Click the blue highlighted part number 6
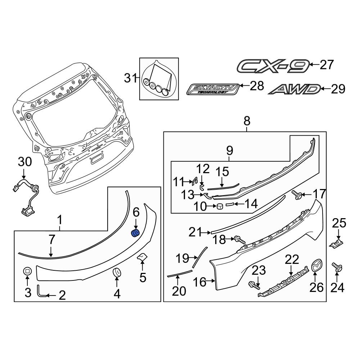pyautogui.click(x=135, y=233)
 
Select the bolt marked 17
pyautogui.click(x=297, y=195)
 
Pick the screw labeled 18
pyautogui.click(x=239, y=239)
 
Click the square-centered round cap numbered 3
pyautogui.click(x=28, y=272)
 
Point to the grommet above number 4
pyautogui.click(x=117, y=273)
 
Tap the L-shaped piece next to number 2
pyautogui.click(x=40, y=292)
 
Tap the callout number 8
pyautogui.click(x=247, y=121)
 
